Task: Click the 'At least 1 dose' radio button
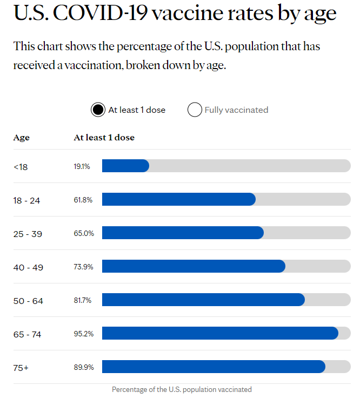pyautogui.click(x=98, y=110)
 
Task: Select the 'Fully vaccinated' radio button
pyautogui.click(x=195, y=110)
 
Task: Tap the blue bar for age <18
pyautogui.click(x=125, y=166)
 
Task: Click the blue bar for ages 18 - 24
pyautogui.click(x=178, y=199)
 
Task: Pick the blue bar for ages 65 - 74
pyautogui.click(x=220, y=333)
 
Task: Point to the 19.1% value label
pyautogui.click(x=82, y=166)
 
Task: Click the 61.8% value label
pyautogui.click(x=83, y=200)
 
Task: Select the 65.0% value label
pyautogui.click(x=84, y=233)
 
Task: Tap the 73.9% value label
pyautogui.click(x=84, y=267)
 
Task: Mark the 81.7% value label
pyautogui.click(x=83, y=300)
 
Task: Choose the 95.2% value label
pyautogui.click(x=84, y=334)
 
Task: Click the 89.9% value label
pyautogui.click(x=84, y=367)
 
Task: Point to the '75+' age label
pyautogui.click(x=21, y=368)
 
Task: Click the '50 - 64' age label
pyautogui.click(x=28, y=301)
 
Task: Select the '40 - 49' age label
pyautogui.click(x=28, y=267)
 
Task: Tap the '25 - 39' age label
pyautogui.click(x=28, y=234)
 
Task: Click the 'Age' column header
pyautogui.click(x=22, y=138)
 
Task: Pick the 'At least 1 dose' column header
pyautogui.click(x=104, y=138)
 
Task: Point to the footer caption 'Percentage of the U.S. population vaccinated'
pyautogui.click(x=182, y=389)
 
